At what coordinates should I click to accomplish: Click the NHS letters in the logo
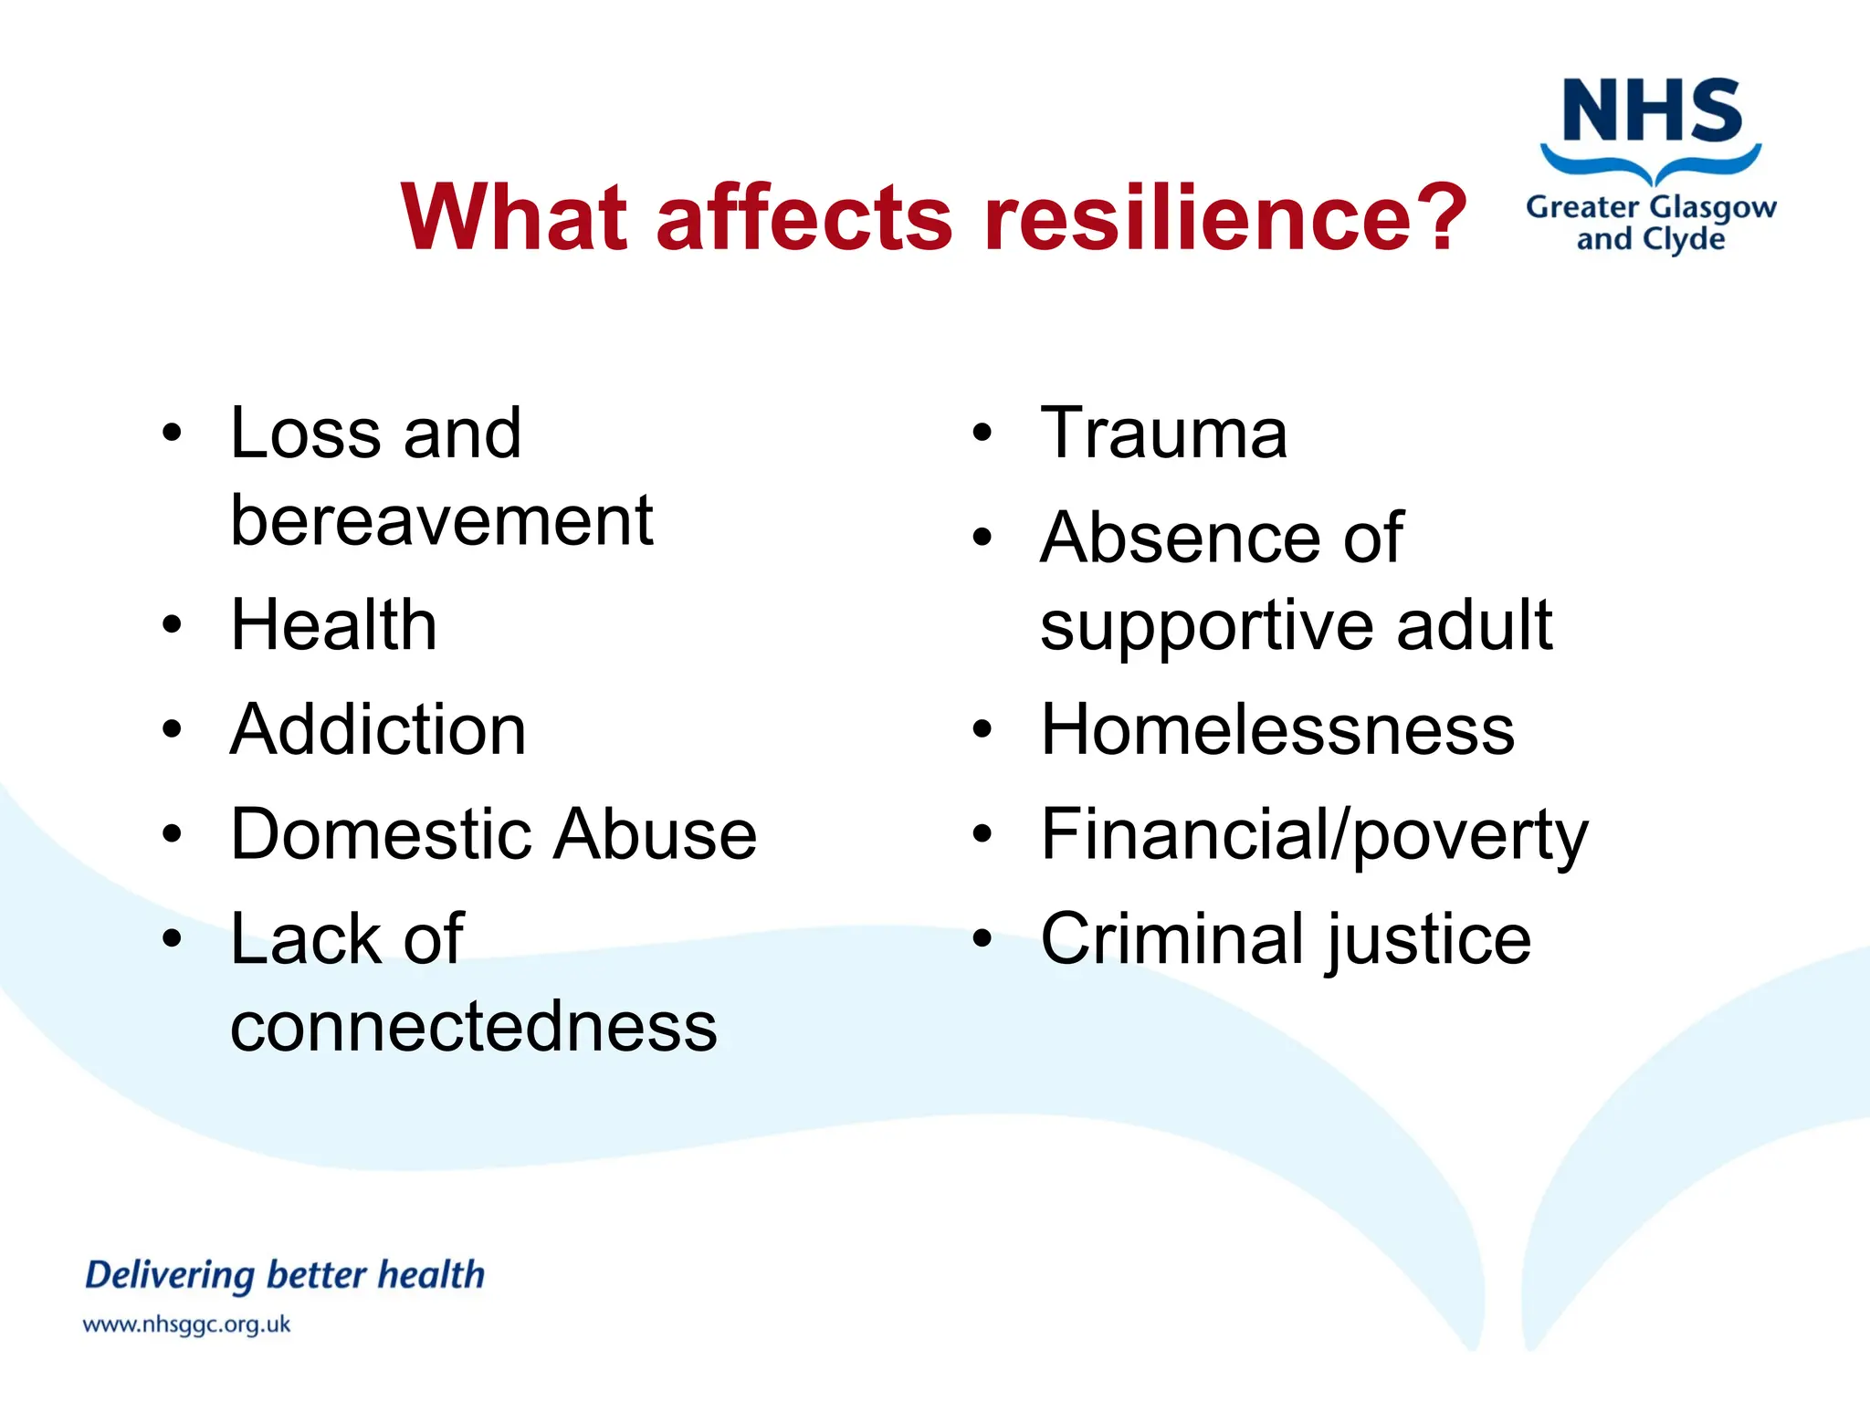pyautogui.click(x=1652, y=111)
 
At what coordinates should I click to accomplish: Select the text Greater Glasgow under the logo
pyautogui.click(x=1651, y=208)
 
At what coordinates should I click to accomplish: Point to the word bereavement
pyautogui.click(x=441, y=521)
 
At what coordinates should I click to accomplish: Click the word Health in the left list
pyautogui.click(x=333, y=625)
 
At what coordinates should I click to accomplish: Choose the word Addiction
pyautogui.click(x=378, y=730)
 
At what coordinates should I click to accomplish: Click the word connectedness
pyautogui.click(x=473, y=1027)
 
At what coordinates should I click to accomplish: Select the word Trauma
pyautogui.click(x=1163, y=434)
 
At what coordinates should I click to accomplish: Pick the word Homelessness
pyautogui.click(x=1277, y=730)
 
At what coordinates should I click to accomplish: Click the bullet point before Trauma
pyautogui.click(x=982, y=434)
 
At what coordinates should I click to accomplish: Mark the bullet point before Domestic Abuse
pyautogui.click(x=172, y=834)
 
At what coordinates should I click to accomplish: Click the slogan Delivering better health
pyautogui.click(x=284, y=1275)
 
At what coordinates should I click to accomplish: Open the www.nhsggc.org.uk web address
pyautogui.click(x=186, y=1324)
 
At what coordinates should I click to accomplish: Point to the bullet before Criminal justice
pyautogui.click(x=982, y=938)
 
